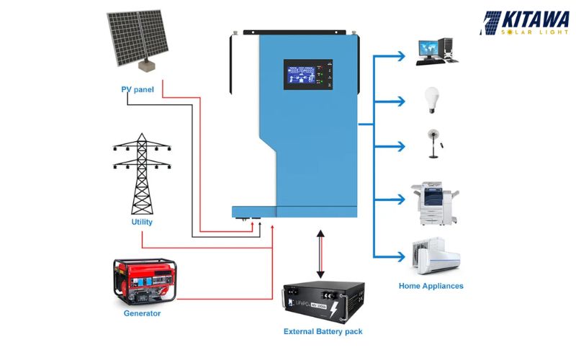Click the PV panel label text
coord(138,89)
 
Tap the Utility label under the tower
coord(142,222)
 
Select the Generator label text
coord(142,313)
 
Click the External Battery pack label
coord(323,331)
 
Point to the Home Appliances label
coord(431,286)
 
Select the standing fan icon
coord(433,144)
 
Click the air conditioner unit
coord(436,255)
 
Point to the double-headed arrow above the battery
coord(320,254)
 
